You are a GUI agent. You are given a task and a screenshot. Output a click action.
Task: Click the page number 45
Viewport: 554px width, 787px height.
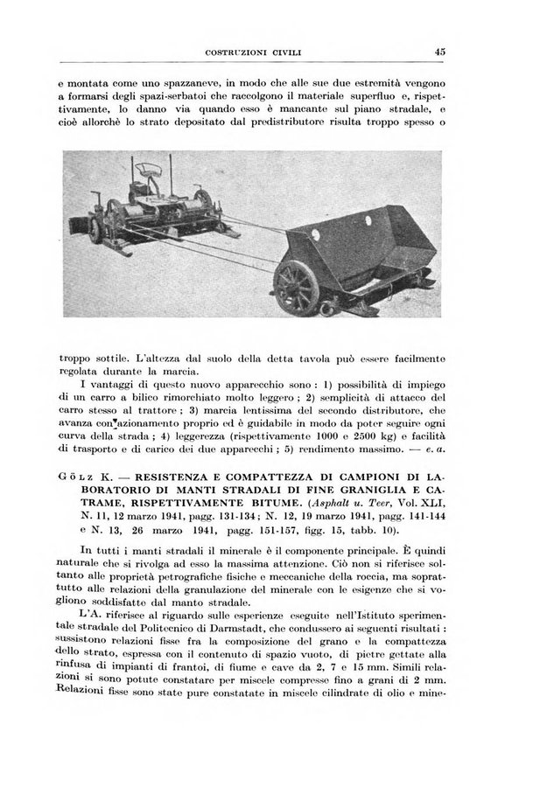(439, 52)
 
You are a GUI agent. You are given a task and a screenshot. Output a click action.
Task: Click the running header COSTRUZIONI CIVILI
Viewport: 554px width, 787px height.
(253, 52)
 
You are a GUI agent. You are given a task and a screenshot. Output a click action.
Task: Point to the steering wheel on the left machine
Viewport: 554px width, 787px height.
(142, 166)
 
